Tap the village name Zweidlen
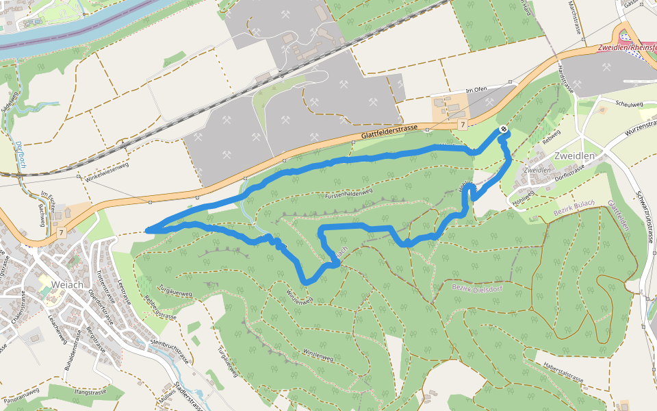574,156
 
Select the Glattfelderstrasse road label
389,135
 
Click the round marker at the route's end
504,129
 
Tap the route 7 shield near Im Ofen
463,125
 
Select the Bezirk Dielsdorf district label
477,287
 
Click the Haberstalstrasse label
563,373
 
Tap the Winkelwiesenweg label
107,171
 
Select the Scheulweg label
629,104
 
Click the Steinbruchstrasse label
167,349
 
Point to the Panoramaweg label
21,395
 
